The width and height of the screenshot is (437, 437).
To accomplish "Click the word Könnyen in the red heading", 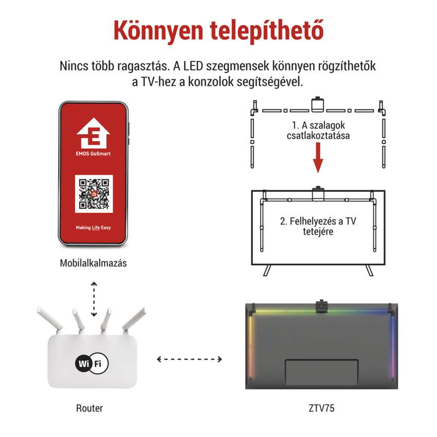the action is (158, 31).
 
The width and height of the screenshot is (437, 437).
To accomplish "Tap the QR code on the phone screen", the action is (94, 194).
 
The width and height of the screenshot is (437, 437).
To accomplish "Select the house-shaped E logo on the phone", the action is (94, 133).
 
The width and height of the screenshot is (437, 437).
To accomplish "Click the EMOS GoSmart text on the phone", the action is (93, 154).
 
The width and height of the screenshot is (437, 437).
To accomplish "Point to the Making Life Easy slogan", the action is (94, 227).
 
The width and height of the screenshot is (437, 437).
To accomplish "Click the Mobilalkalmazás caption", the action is (94, 263).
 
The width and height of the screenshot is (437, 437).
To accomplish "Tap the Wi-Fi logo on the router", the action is (92, 363).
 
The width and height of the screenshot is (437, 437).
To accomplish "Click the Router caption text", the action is (89, 408).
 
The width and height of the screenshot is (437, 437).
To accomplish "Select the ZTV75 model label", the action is (321, 408).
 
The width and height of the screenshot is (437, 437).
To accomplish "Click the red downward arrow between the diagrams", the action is (318, 158).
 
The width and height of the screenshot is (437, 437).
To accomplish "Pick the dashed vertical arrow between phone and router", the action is (94, 299).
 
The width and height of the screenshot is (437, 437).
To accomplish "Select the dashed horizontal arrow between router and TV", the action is (190, 359).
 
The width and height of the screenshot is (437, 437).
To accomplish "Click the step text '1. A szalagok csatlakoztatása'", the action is (318, 131).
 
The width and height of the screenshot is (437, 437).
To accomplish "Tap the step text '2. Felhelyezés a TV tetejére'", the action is (318, 226).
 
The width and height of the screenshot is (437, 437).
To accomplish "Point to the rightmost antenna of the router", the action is (134, 319).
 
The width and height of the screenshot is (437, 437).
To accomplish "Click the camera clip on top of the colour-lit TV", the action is (322, 306).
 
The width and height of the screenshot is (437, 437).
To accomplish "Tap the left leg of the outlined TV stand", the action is (267, 270).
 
